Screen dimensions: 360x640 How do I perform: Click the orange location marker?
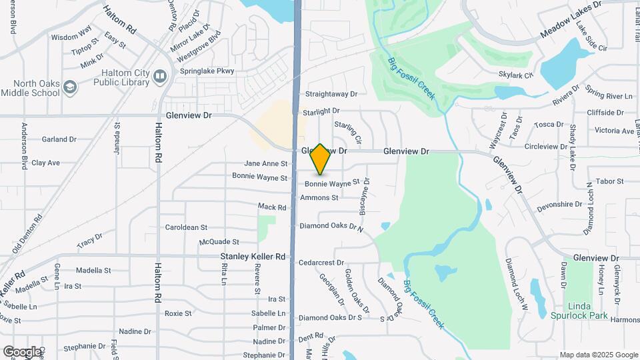tap(321, 159)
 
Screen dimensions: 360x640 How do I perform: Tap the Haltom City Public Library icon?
tap(159, 76)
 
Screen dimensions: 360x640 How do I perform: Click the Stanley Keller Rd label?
tap(253, 256)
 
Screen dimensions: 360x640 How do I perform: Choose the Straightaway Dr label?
tap(331, 95)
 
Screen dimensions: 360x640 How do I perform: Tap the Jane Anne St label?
tap(266, 163)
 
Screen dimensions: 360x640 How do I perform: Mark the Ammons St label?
tap(319, 197)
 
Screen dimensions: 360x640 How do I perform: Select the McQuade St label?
tap(219, 242)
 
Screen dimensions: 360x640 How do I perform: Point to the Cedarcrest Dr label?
tap(321, 263)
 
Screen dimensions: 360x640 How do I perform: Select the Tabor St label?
tap(609, 181)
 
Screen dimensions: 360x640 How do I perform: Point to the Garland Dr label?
tap(59, 139)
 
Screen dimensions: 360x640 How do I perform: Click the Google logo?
tap(22, 351)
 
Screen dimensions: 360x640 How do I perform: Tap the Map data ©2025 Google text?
tap(598, 355)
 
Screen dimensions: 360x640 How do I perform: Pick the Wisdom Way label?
tap(71, 37)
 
